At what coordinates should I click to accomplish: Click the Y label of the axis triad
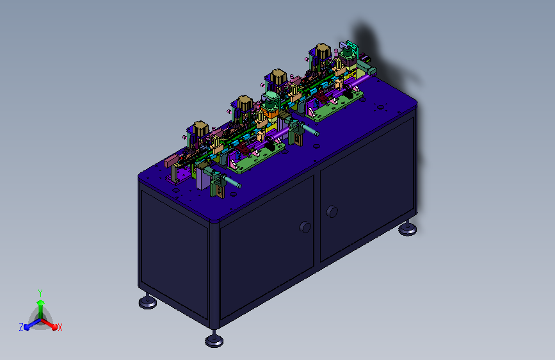pyautogui.click(x=40, y=293)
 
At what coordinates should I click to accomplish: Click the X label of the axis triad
pyautogui.click(x=60, y=327)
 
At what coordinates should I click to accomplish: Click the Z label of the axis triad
pyautogui.click(x=21, y=327)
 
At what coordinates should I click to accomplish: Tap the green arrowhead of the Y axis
pyautogui.click(x=41, y=302)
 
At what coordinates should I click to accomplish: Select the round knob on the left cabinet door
pyautogui.click(x=305, y=227)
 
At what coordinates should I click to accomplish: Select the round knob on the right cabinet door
pyautogui.click(x=332, y=211)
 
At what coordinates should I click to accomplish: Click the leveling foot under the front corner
pyautogui.click(x=214, y=340)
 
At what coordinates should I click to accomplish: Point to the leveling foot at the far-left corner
pyautogui.click(x=148, y=302)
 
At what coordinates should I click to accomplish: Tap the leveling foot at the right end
pyautogui.click(x=407, y=229)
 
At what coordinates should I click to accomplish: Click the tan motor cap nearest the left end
pyautogui.click(x=200, y=128)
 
